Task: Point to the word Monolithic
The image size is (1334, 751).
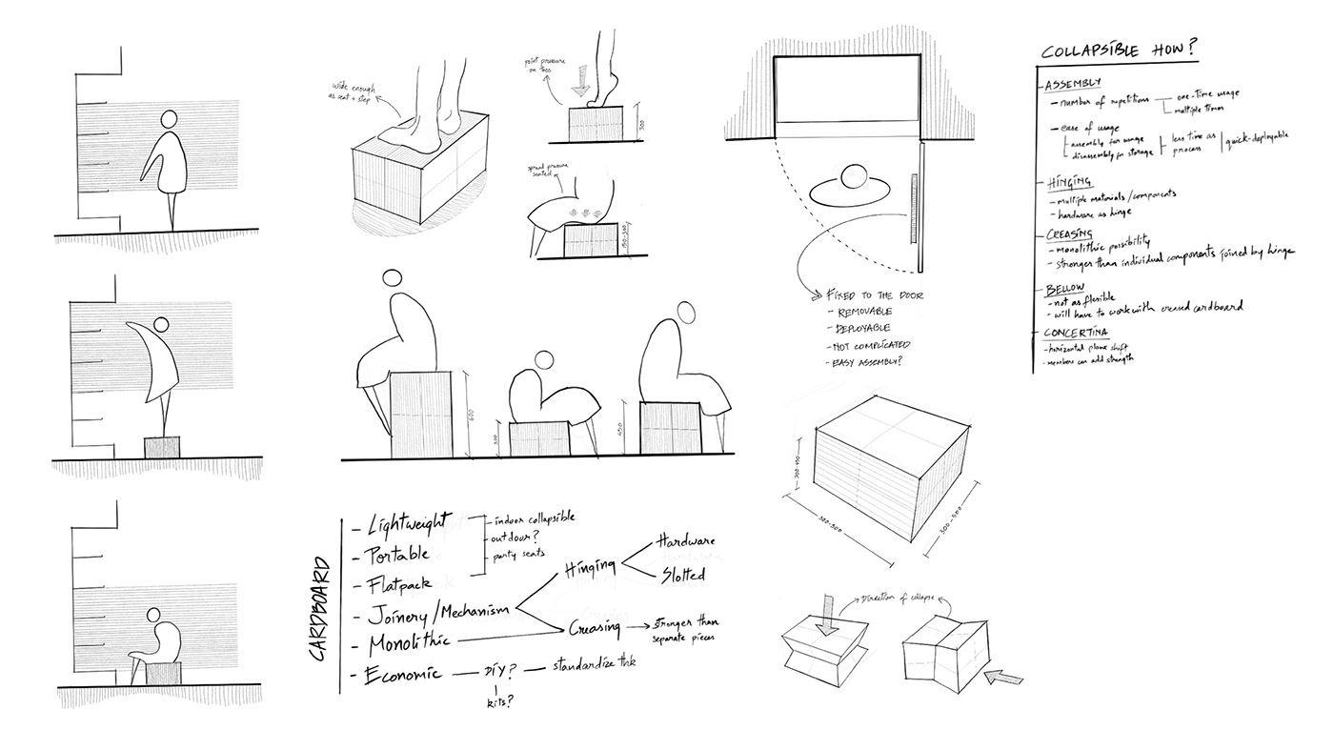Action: [401, 639]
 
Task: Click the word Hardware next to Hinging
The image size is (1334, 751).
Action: [686, 540]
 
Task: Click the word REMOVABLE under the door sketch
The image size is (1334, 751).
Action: [862, 312]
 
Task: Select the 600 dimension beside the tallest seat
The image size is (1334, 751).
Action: [473, 416]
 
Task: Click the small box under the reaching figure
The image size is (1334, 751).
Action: [161, 447]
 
